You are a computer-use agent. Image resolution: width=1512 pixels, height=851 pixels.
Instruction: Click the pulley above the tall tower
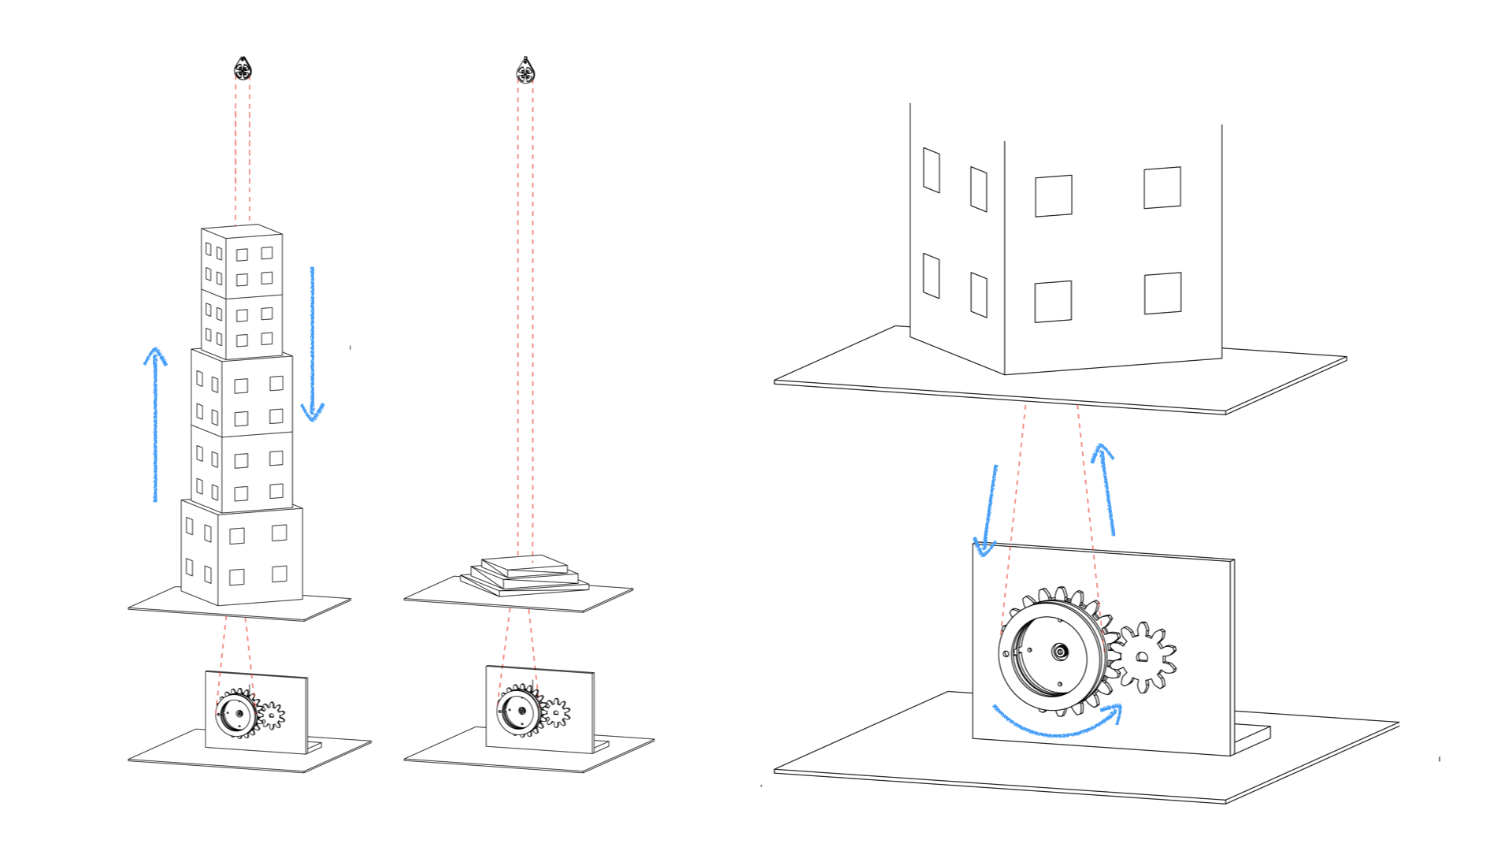pos(243,69)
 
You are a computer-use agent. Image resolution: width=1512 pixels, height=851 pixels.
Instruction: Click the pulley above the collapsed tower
pos(525,72)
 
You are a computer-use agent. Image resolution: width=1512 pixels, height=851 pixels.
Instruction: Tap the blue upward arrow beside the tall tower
pos(155,425)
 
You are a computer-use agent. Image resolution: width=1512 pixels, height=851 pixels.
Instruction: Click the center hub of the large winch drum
pos(1059,652)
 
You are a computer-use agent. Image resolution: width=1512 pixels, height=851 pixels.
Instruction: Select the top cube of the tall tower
pos(242,261)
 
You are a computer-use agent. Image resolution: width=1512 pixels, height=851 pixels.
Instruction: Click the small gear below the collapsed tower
pos(556,712)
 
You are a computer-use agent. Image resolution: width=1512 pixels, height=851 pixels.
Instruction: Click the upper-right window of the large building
pos(1162,188)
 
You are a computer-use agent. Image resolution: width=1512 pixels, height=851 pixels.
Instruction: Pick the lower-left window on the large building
pos(931,276)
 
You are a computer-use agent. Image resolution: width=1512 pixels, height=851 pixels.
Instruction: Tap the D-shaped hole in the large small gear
pos(1143,657)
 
